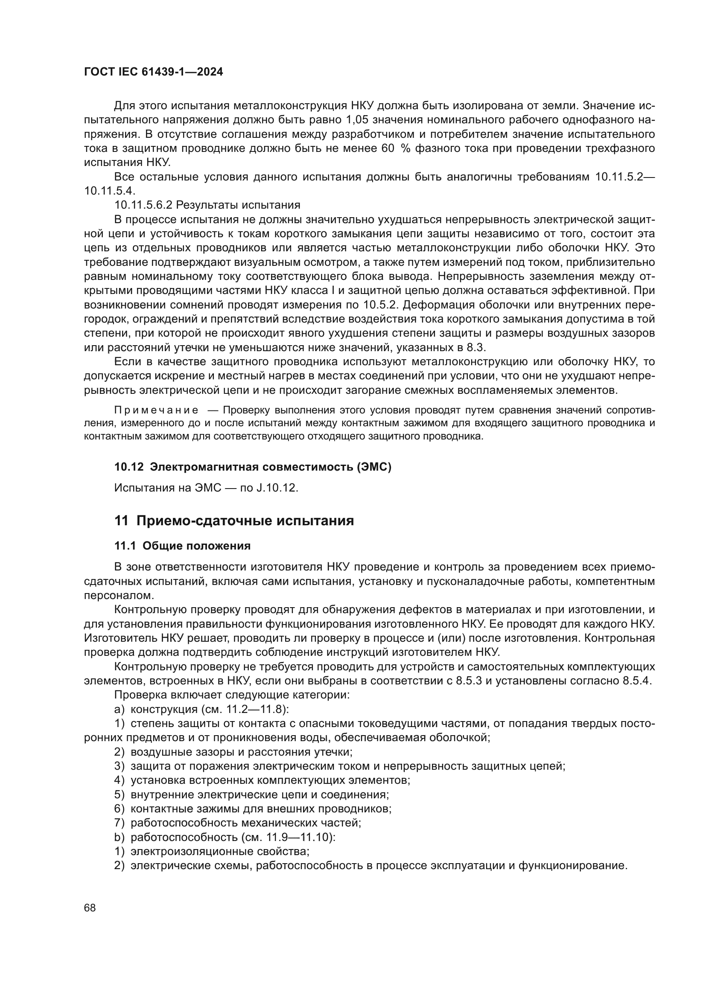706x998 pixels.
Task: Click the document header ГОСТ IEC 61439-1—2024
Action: click(x=154, y=72)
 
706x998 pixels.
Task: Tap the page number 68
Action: click(x=90, y=908)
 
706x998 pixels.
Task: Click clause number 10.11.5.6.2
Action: click(x=143, y=205)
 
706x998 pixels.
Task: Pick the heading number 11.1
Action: click(x=125, y=546)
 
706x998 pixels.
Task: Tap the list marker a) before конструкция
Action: click(x=119, y=710)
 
